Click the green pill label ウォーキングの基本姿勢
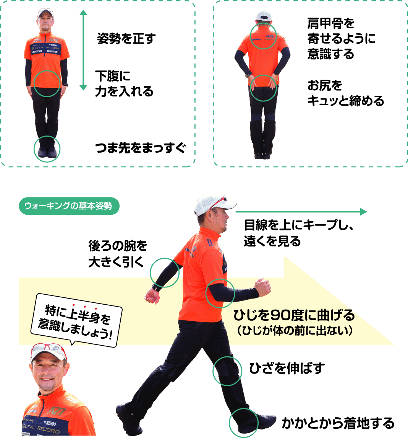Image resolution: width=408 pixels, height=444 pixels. click(69, 206)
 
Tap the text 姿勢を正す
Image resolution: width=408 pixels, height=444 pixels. click(126, 39)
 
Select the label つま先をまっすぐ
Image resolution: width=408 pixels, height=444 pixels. click(140, 148)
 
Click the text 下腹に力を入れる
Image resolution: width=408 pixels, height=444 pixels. click(124, 84)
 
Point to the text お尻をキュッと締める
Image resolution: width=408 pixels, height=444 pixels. click(345, 93)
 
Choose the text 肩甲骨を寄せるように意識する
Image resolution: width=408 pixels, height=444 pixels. click(341, 39)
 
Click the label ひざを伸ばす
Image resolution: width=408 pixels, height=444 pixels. click(287, 368)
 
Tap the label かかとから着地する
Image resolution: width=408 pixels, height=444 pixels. click(338, 423)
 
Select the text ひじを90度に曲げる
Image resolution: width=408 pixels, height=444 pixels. click(294, 315)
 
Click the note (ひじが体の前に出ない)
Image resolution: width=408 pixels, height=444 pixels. click(294, 330)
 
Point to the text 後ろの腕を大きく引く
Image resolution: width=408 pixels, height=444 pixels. click(117, 253)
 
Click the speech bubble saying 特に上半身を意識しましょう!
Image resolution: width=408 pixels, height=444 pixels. click(76, 321)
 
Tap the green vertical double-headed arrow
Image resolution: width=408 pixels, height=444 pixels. click(83, 50)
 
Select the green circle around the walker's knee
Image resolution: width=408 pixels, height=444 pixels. click(227, 371)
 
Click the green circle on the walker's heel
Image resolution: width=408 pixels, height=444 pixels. click(243, 423)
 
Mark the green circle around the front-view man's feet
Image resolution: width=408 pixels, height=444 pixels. click(47, 149)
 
